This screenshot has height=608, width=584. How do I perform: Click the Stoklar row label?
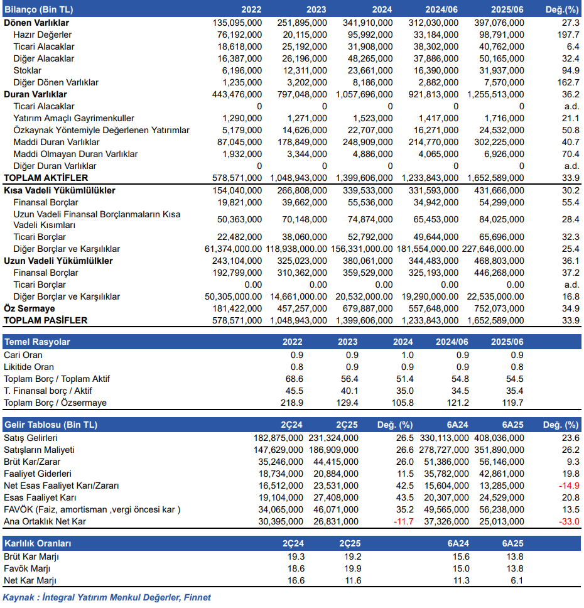coord(27,70)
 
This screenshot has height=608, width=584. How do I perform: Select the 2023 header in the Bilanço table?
coord(316,9)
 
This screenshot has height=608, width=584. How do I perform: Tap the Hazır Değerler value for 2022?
coord(240,35)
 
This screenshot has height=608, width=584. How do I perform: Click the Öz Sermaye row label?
coord(30,308)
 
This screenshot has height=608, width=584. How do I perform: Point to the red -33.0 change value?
coord(569,521)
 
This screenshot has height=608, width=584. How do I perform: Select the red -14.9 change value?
coord(569,486)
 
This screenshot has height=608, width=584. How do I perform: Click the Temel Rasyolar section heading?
coord(37,342)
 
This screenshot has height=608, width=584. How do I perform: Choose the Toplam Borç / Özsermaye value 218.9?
coord(292,403)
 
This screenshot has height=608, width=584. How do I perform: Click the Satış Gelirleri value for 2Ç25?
coord(333,438)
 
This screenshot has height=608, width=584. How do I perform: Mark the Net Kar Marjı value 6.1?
coord(517,581)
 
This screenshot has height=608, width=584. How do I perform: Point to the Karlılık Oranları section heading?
coord(38,544)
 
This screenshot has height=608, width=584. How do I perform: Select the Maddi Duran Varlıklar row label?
coord(57,143)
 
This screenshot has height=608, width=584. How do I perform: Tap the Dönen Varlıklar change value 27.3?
coord(571,23)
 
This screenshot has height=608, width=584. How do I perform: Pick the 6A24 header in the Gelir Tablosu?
coord(458,425)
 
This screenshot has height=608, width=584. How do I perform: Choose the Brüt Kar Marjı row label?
coord(31,557)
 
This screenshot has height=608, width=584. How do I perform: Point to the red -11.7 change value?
coord(404,521)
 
